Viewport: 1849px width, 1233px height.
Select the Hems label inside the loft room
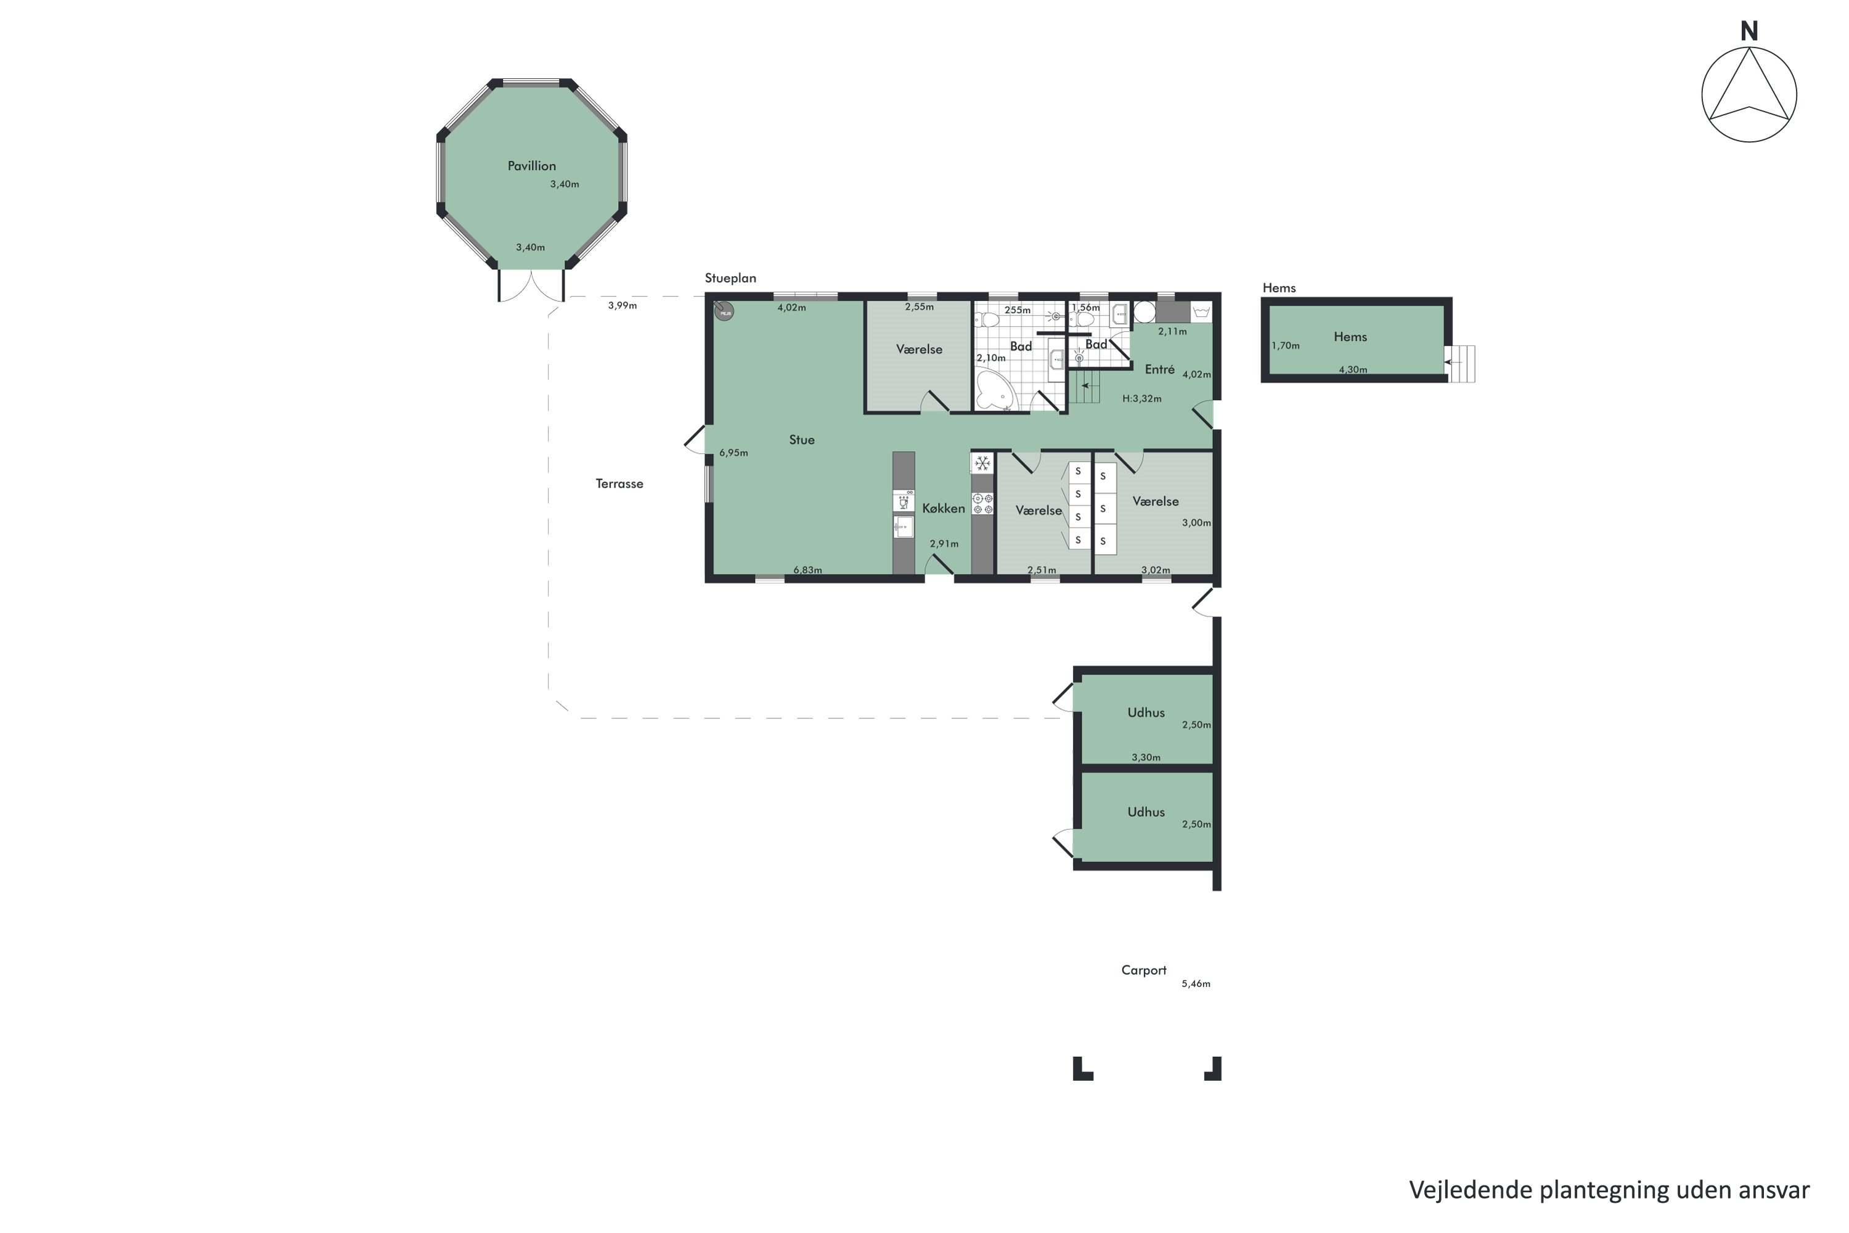[1350, 337]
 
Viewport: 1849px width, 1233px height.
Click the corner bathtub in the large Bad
[992, 391]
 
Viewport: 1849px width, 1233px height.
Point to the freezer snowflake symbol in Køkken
[982, 463]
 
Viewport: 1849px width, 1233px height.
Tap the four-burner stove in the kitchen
[982, 503]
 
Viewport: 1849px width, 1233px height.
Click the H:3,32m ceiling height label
[1141, 399]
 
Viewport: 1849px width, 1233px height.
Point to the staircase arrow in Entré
[1087, 386]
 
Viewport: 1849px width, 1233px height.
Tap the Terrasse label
[619, 483]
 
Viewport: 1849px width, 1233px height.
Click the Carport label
[1143, 970]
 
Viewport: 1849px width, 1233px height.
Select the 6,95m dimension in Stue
[733, 453]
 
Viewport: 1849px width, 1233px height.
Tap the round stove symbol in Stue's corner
[723, 311]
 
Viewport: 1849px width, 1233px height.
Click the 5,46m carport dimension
[1195, 984]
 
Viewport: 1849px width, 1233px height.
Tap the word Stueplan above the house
[730, 279]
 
